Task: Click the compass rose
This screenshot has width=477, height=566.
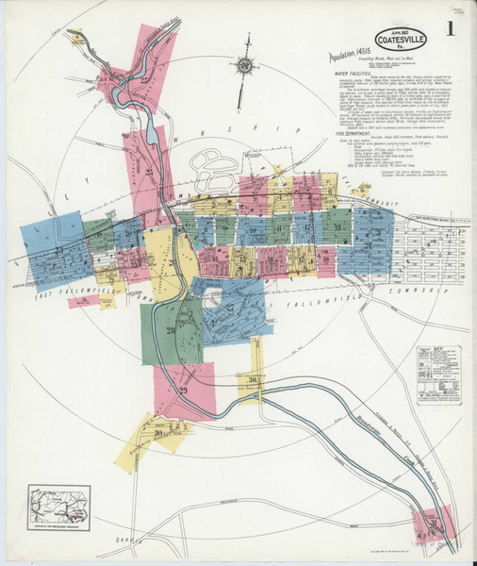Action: [244, 66]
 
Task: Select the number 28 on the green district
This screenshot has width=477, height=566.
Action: [171, 330]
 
